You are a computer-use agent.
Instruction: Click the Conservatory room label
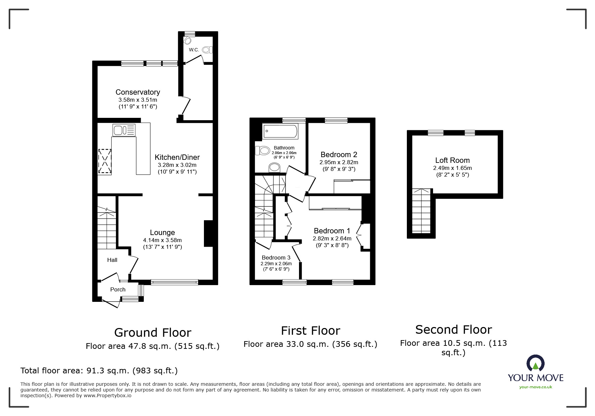[x=137, y=92]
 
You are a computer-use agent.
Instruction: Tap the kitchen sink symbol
[x=124, y=130]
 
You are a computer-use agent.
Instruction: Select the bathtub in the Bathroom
[x=281, y=131]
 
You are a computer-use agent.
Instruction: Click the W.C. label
[x=194, y=50]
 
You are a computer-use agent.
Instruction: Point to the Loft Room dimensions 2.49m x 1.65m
[x=452, y=168]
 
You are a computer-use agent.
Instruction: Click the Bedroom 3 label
[x=276, y=258]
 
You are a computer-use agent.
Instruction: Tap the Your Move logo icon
[x=535, y=363]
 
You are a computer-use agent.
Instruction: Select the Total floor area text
[x=99, y=371]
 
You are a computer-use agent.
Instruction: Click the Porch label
[x=118, y=289]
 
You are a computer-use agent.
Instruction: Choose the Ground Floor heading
[x=153, y=332]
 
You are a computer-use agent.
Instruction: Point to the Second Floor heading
[x=453, y=329]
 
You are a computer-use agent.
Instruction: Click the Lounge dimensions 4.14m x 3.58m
[x=162, y=240]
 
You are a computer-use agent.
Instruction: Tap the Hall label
[x=112, y=260]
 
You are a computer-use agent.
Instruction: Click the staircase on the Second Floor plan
[x=421, y=212]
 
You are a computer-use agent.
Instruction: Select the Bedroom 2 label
[x=339, y=154]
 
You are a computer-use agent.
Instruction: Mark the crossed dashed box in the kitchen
[x=104, y=162]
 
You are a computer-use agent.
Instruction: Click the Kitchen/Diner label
[x=177, y=157]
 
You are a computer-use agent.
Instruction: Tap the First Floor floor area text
[x=310, y=344]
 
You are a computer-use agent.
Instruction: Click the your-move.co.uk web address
[x=536, y=387]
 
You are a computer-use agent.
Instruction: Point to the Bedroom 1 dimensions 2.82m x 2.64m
[x=332, y=238]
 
